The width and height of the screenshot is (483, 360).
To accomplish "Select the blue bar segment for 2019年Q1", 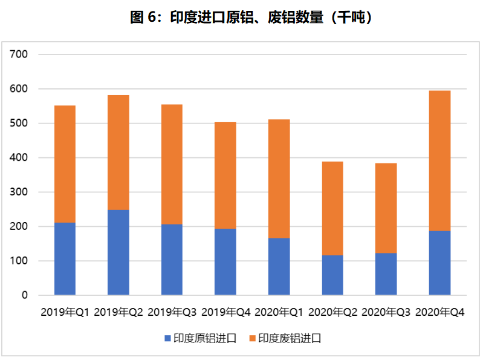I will tap(65, 259).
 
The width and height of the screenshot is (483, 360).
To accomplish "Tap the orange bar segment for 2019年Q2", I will tap(118, 152).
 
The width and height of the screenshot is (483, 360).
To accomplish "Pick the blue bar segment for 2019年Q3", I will tap(172, 260).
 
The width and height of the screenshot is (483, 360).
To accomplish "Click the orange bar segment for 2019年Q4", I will tap(225, 175).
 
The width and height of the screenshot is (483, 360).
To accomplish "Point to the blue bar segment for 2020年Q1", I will tap(279, 266).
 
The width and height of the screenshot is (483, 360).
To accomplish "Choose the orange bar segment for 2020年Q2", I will tap(332, 208).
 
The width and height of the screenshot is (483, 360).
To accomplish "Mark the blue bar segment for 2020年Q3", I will tap(386, 274).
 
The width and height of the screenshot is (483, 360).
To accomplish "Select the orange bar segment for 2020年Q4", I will tap(439, 160).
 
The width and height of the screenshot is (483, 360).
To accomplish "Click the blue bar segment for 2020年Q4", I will tap(439, 263).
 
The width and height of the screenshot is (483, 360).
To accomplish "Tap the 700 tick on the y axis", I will tap(20, 54).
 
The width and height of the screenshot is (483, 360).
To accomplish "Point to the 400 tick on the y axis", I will tap(20, 158).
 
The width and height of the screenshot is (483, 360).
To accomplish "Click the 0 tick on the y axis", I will tap(25, 295).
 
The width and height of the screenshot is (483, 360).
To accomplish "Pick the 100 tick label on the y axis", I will tap(20, 261).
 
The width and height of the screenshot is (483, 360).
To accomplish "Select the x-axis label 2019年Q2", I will tap(118, 313).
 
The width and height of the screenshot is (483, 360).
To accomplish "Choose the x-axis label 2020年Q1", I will tap(279, 313).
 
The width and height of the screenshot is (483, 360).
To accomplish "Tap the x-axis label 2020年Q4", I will tap(439, 313).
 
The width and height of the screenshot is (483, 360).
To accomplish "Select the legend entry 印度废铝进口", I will tap(290, 338).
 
